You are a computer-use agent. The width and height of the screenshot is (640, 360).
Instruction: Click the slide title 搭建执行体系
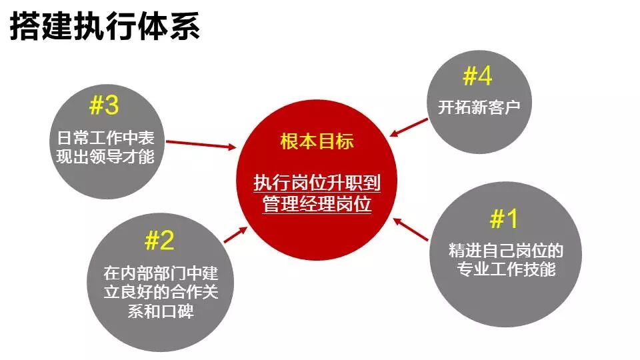tap(105, 28)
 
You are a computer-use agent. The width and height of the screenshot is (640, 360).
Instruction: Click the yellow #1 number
tap(504, 219)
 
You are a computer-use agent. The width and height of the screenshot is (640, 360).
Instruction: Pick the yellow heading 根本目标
tap(317, 142)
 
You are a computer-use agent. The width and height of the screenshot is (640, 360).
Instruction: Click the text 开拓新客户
tap(479, 107)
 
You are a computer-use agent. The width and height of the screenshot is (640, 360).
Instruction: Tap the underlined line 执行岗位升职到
tap(317, 183)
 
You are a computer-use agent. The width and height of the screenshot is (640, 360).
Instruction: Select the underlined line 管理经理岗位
tap(317, 204)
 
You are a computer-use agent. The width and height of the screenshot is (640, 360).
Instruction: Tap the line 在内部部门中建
tap(160, 273)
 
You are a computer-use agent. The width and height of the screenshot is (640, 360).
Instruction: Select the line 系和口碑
tap(160, 311)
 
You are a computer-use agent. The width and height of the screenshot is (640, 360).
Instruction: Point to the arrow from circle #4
tap(409, 127)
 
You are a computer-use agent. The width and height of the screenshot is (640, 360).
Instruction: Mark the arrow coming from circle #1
tap(411, 229)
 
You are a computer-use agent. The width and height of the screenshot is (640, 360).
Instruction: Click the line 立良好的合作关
tap(160, 293)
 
